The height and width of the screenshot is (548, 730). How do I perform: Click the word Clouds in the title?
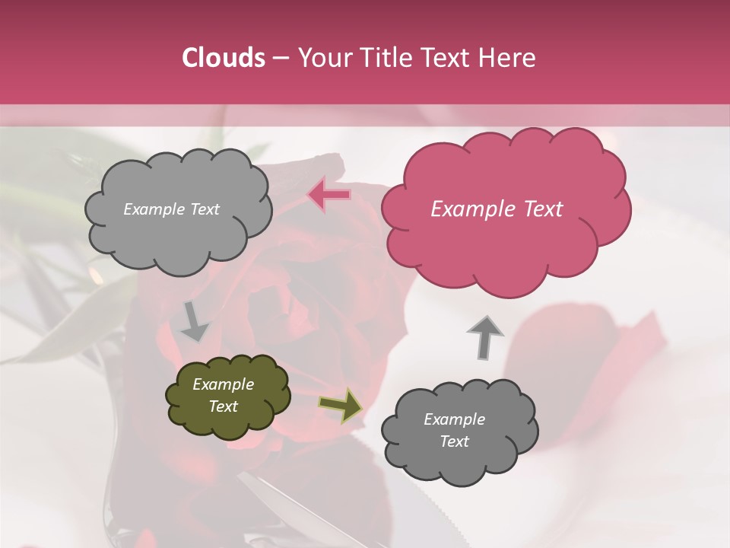click(x=224, y=58)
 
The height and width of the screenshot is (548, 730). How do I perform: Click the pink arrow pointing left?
click(x=329, y=195)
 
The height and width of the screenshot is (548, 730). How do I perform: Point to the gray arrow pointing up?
click(x=485, y=336)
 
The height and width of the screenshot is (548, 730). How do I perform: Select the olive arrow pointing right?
click(x=340, y=405)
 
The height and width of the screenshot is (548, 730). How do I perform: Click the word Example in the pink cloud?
click(x=465, y=209)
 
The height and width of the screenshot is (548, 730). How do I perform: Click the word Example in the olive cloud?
click(x=223, y=384)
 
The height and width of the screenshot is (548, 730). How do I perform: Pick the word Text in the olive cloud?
click(x=223, y=406)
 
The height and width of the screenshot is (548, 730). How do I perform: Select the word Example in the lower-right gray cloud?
click(x=454, y=419)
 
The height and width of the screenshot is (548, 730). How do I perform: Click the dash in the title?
click(x=280, y=59)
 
